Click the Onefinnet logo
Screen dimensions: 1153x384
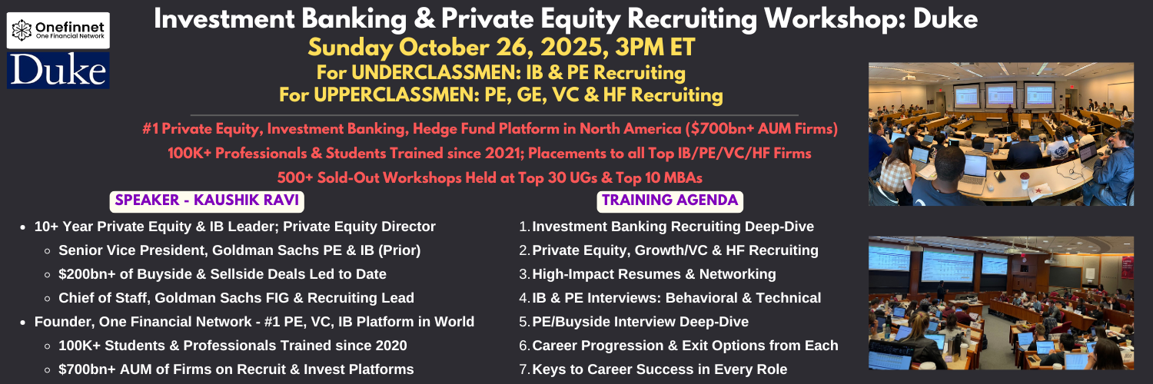pos(58,30)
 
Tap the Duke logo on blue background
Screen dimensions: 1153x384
pos(58,70)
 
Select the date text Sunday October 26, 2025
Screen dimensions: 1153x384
pos(455,48)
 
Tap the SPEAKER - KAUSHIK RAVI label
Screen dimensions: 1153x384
pos(207,200)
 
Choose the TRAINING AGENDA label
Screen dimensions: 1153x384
pos(670,200)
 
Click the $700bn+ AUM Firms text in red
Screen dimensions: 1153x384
pos(761,128)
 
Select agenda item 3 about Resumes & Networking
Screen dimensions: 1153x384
pos(647,274)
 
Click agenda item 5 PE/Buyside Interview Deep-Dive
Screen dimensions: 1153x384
pos(633,322)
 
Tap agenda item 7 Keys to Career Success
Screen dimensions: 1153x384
pos(653,369)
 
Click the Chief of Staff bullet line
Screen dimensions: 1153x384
pos(236,298)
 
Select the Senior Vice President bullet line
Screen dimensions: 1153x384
pos(239,250)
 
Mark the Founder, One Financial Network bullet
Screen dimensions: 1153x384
pos(254,322)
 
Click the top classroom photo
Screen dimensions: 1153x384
pos(1001,134)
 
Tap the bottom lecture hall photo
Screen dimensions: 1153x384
pos(1001,303)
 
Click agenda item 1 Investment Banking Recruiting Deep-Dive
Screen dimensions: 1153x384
pos(666,227)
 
